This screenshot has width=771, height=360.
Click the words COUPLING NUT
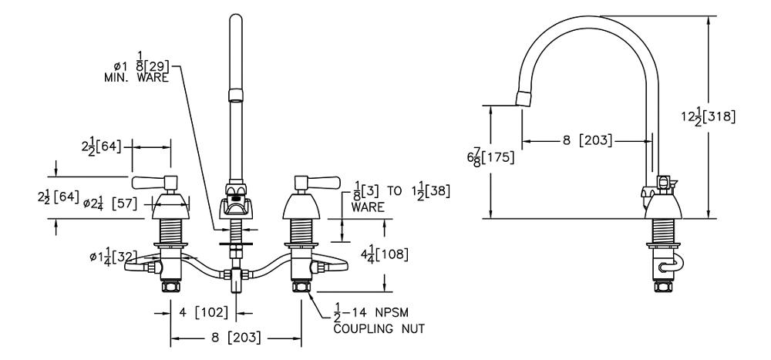coord(379,328)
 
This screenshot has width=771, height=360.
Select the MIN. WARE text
coord(136,77)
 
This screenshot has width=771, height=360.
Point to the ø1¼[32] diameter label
coord(114,256)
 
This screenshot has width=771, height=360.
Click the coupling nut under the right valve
coord(301,287)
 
